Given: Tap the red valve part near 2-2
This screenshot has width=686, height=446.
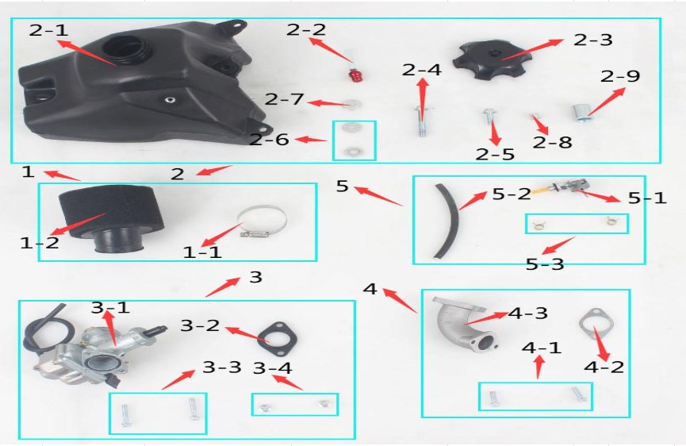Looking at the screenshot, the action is [354, 75].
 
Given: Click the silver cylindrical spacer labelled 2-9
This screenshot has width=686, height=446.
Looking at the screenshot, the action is [580, 113].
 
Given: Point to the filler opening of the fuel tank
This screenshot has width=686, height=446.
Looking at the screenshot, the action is [126, 50].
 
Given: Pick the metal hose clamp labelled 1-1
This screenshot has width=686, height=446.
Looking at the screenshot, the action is [261, 222].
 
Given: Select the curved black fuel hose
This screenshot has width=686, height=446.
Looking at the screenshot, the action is [447, 221].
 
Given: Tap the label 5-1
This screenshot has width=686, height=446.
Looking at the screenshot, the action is [647, 198].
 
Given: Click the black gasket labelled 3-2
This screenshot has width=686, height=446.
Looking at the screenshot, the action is [277, 339].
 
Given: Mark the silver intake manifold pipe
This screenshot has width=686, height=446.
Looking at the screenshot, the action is [464, 324].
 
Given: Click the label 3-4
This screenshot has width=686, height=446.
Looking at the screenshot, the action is [272, 368].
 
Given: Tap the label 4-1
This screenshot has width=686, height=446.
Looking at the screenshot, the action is [541, 348].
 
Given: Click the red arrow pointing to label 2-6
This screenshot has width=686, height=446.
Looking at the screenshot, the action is [311, 140].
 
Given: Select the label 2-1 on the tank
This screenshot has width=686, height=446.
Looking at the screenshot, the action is [49, 30].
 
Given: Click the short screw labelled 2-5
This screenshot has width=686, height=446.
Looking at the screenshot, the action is [489, 117].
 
